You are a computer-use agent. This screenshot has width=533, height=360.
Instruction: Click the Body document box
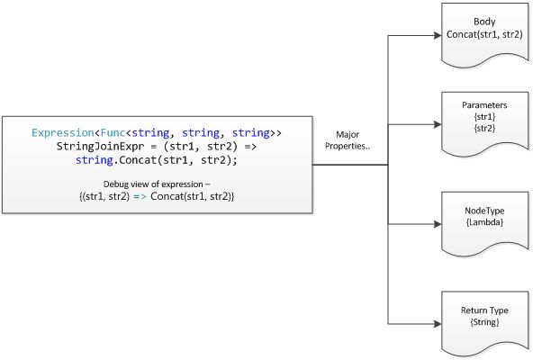(484, 34)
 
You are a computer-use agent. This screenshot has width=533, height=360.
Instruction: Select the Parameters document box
(484, 123)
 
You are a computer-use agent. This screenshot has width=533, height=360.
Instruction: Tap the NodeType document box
(484, 223)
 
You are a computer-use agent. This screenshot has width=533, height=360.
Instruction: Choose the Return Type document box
(484, 322)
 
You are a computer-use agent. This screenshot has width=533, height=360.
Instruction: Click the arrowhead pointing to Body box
(438, 35)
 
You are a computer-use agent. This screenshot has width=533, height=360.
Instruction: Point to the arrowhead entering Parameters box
(438, 124)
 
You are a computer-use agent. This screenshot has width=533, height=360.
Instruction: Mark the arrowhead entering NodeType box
(438, 224)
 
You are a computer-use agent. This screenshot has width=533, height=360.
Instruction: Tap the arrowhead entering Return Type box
(438, 324)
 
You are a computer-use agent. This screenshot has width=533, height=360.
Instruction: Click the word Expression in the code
(62, 133)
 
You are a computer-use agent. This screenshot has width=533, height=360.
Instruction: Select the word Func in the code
(113, 132)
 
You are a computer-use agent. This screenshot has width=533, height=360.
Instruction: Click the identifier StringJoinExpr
(100, 147)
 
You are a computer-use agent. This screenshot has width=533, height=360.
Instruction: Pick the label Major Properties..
(348, 140)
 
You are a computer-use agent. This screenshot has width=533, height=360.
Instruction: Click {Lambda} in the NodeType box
(484, 222)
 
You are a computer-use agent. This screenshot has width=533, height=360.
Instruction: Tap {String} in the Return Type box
(484, 322)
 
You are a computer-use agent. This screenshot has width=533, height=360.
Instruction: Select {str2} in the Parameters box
(484, 128)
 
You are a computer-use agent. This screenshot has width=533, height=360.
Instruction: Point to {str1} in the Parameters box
(484, 117)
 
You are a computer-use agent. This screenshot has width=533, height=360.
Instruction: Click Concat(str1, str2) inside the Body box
(484, 34)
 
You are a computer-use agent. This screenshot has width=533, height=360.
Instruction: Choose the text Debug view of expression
(153, 184)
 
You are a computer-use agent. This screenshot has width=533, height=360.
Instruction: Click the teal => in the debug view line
(140, 196)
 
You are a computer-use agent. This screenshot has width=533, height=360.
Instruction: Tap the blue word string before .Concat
(95, 160)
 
